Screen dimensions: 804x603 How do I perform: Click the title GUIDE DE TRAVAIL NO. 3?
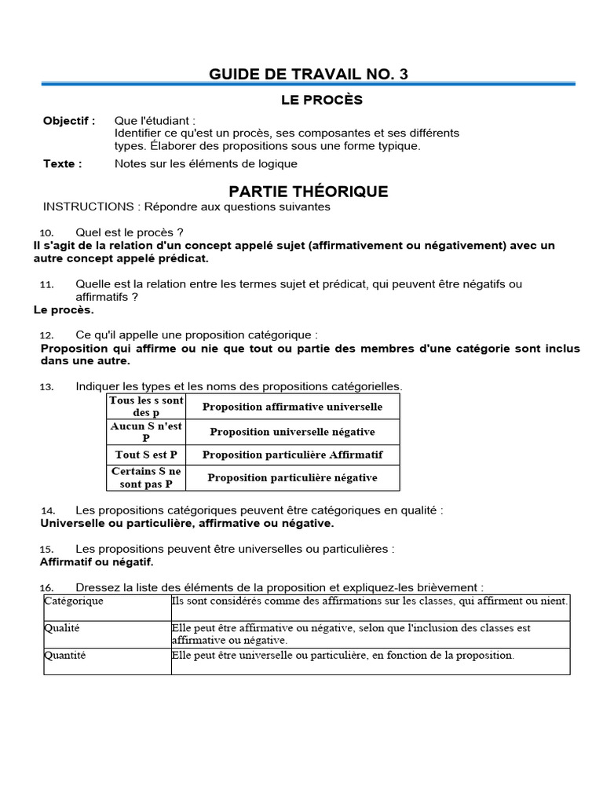[x=309, y=75]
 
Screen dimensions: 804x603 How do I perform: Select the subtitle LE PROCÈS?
[x=322, y=100]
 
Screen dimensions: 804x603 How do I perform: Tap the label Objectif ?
[x=69, y=121]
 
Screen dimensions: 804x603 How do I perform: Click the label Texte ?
[x=62, y=164]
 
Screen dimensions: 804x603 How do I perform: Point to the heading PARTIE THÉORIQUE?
[x=308, y=192]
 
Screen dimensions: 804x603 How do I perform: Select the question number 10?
[x=46, y=233]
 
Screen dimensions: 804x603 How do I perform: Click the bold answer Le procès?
[x=64, y=310]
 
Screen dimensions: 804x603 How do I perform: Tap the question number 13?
[x=46, y=387]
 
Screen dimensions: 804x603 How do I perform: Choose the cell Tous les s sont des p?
[x=146, y=406]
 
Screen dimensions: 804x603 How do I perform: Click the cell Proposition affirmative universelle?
[x=292, y=407]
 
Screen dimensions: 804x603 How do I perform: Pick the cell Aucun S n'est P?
[x=146, y=431]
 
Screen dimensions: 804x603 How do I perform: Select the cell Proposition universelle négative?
[x=292, y=432]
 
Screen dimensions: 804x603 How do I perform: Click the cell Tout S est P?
[x=146, y=455]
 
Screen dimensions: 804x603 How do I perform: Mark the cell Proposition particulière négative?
[x=292, y=477]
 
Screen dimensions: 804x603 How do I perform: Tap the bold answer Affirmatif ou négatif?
[x=97, y=562]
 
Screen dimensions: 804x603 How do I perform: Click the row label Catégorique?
[x=74, y=601]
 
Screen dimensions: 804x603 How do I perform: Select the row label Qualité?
[x=62, y=628]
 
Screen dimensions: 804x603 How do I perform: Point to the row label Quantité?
[x=65, y=655]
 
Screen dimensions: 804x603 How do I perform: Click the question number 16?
[x=46, y=588]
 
